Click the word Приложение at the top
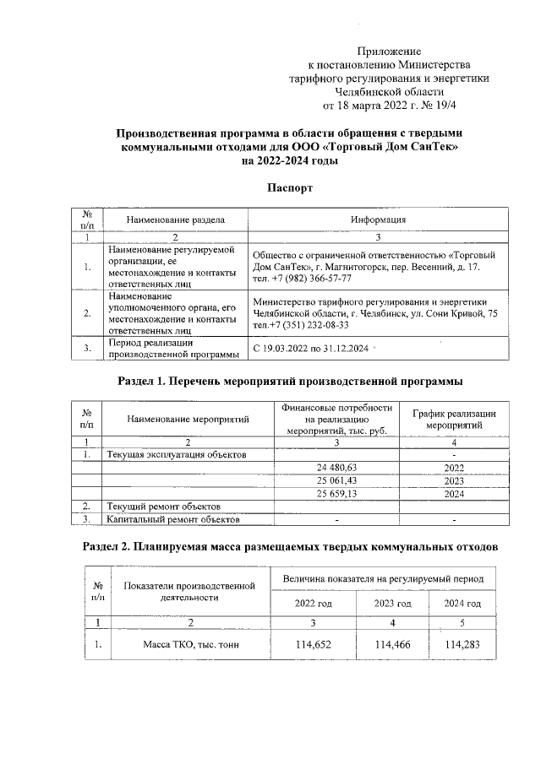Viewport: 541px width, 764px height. click(389, 51)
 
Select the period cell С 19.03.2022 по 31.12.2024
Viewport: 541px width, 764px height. click(311, 348)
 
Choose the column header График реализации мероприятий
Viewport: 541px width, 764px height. click(454, 420)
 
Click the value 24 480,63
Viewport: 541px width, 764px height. click(336, 467)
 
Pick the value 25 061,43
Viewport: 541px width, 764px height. click(336, 480)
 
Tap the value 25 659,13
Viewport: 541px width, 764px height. click(336, 493)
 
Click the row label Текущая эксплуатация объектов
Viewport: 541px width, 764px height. click(176, 454)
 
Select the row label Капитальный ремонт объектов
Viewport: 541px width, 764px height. click(176, 518)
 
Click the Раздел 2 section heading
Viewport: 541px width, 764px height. click(290, 547)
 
